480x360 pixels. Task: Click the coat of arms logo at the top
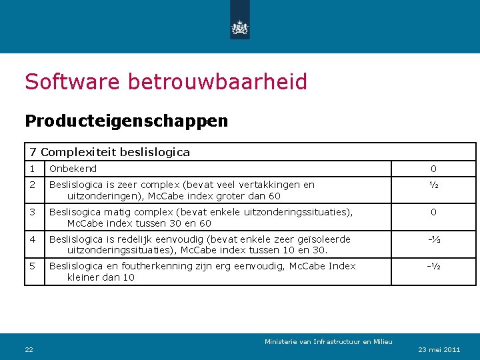point(239,27)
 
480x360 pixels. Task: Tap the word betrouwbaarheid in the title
point(217,82)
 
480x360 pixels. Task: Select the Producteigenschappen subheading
point(126,121)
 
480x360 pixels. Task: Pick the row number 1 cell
point(31,169)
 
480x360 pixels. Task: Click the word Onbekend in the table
point(73,169)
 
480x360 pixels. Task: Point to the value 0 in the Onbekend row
point(433,169)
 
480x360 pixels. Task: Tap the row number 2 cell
point(31,185)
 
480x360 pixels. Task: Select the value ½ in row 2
point(433,185)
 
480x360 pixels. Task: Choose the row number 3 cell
point(31,212)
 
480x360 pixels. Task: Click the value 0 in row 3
point(433,212)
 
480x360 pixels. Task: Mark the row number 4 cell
point(31,239)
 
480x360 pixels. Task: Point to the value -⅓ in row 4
point(433,239)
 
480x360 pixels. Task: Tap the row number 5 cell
point(31,266)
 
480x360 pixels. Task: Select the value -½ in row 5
point(433,266)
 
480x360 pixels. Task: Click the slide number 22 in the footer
point(29,349)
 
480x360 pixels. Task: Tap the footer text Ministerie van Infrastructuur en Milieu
point(328,342)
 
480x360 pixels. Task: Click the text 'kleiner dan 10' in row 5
point(101,277)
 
